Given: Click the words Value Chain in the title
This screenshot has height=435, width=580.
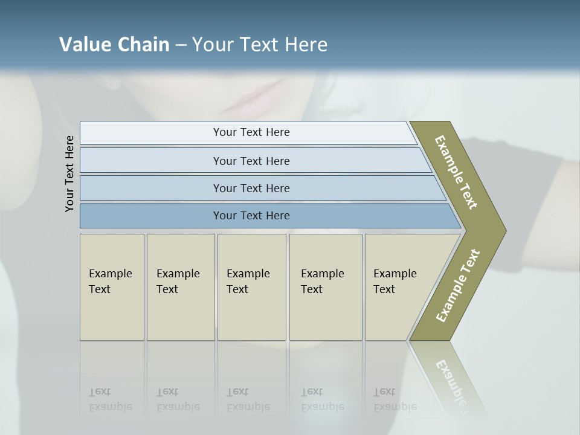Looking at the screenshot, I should [x=114, y=45].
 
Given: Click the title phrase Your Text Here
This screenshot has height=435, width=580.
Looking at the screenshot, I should [x=260, y=45].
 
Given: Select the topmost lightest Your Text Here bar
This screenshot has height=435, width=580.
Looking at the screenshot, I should [x=251, y=132].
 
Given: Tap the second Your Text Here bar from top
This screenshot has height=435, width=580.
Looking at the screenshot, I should [x=251, y=161].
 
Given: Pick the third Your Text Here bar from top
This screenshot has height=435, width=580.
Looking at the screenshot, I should [x=251, y=188].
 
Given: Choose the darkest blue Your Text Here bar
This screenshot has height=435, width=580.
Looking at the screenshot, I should [x=251, y=216].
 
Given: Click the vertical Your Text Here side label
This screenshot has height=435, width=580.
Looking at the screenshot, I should [x=69, y=173].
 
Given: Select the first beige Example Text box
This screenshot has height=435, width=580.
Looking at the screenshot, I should [x=112, y=286].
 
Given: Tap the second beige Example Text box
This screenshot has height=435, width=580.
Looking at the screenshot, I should [x=180, y=286].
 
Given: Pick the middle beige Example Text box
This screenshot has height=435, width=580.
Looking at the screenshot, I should [x=251, y=286].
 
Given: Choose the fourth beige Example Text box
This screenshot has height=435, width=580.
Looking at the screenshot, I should [x=325, y=286].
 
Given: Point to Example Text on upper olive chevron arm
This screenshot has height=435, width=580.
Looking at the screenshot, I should [x=457, y=172].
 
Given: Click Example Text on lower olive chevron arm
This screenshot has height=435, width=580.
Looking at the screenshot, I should [x=458, y=286].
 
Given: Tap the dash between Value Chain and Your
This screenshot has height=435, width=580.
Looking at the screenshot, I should [x=181, y=45].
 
